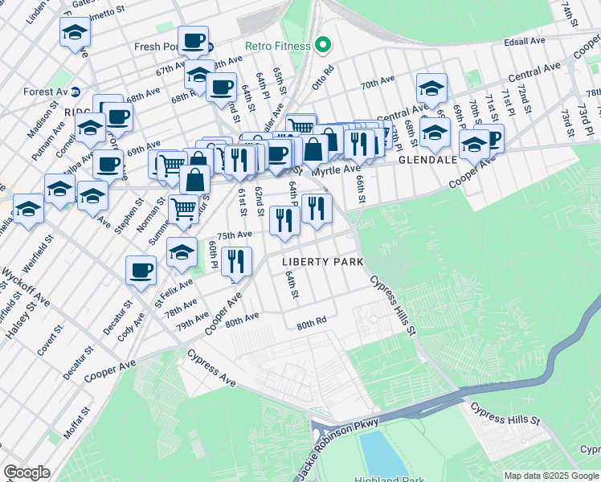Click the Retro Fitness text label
pyautogui.click(x=277, y=46)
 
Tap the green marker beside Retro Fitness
pyautogui.click(x=323, y=45)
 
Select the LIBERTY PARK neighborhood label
pyautogui.click(x=322, y=262)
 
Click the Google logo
pyautogui.click(x=27, y=472)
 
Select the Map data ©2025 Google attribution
pyautogui.click(x=551, y=476)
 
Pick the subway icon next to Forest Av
pyautogui.click(x=76, y=92)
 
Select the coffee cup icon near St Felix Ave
pyautogui.click(x=141, y=269)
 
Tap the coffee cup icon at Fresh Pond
pyautogui.click(x=193, y=39)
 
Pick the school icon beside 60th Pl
pyautogui.click(x=182, y=252)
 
